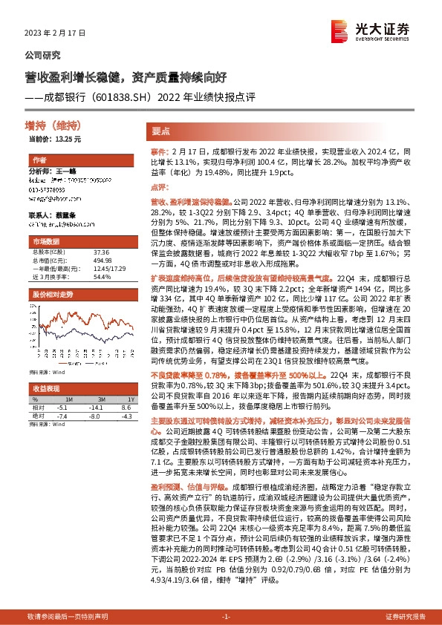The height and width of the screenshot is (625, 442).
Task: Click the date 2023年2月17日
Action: click(x=56, y=33)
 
